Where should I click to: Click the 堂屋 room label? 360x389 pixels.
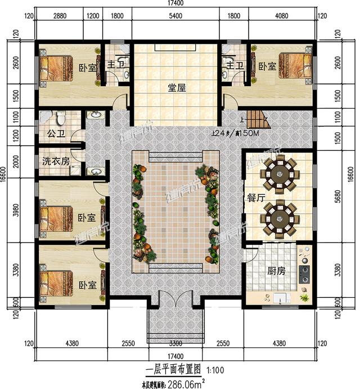(177, 88)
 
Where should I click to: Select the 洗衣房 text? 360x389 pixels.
(56, 161)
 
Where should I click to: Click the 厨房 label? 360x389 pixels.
(276, 271)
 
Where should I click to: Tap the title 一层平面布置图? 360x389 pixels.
(174, 370)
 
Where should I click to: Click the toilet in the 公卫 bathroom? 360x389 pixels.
(62, 118)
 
